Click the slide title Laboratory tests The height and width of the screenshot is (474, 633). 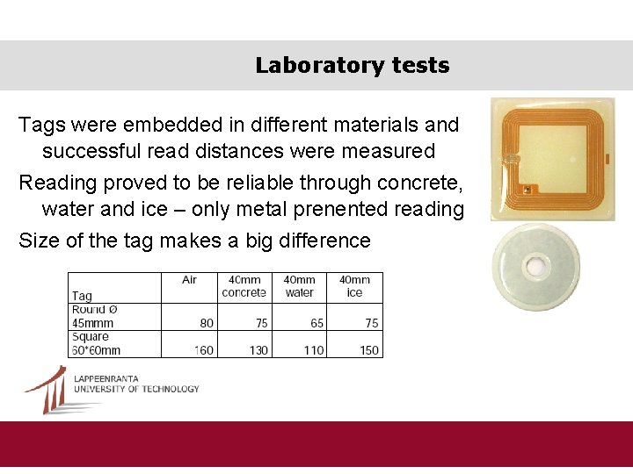point(352,66)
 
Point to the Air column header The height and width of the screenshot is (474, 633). point(189,280)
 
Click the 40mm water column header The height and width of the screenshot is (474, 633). point(300,286)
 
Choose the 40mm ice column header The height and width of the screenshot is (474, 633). point(354,286)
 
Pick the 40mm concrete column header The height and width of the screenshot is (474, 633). point(244,286)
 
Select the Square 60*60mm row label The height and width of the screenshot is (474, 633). point(96,343)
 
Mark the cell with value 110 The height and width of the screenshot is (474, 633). point(313,350)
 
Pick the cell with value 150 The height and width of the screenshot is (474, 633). point(368,350)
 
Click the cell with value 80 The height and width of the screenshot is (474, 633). point(207,323)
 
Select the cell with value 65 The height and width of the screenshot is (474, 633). point(316,323)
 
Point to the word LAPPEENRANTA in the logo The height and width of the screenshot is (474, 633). point(106,379)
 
